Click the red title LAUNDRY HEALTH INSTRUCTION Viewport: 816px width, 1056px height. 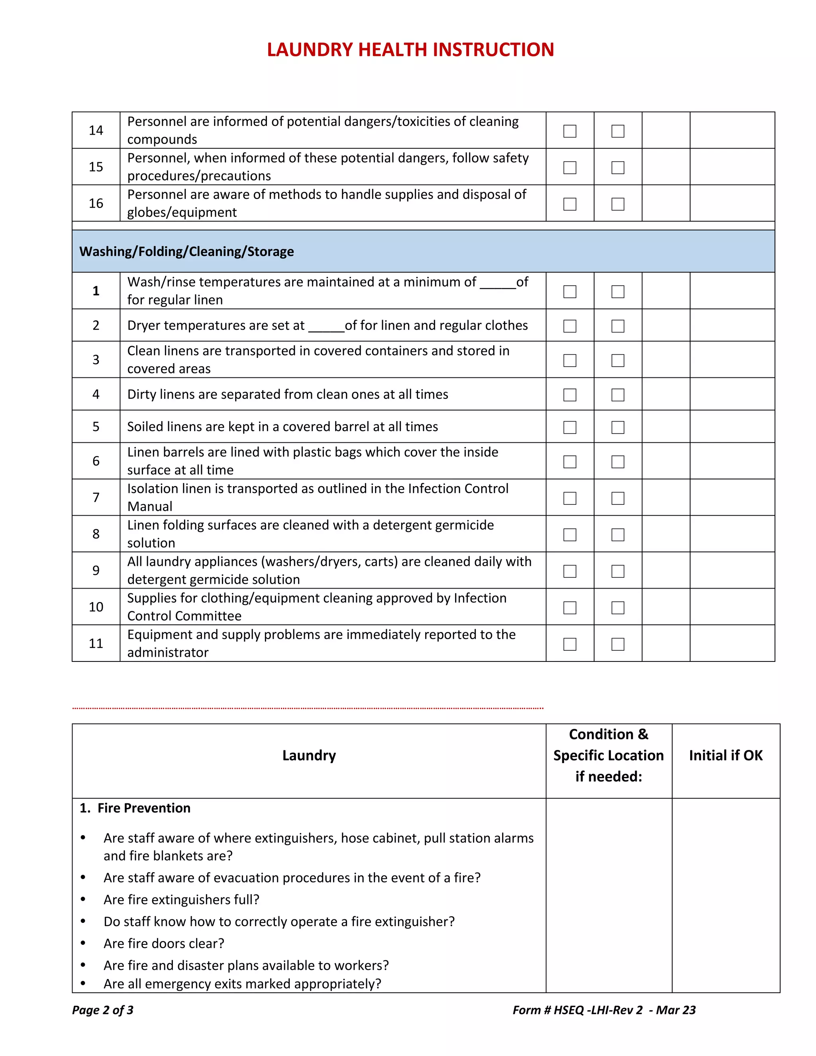pos(410,50)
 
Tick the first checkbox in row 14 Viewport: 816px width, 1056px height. pos(569,131)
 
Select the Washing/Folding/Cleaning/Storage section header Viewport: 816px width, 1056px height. pos(186,251)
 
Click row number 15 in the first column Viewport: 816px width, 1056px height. pos(96,167)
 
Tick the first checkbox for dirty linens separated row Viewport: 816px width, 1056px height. pos(569,395)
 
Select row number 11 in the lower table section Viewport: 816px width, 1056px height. pos(96,644)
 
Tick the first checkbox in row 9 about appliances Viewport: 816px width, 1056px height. pos(569,571)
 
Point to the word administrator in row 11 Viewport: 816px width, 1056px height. pos(168,653)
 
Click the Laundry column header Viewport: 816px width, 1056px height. pos(309,756)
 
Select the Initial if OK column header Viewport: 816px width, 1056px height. pos(725,756)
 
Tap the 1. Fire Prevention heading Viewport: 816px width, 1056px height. pos(135,809)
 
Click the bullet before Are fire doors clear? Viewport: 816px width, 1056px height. pos(83,943)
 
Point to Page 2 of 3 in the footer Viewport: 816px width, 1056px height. pos(102,1010)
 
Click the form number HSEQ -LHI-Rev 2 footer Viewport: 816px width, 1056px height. pos(604,1010)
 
